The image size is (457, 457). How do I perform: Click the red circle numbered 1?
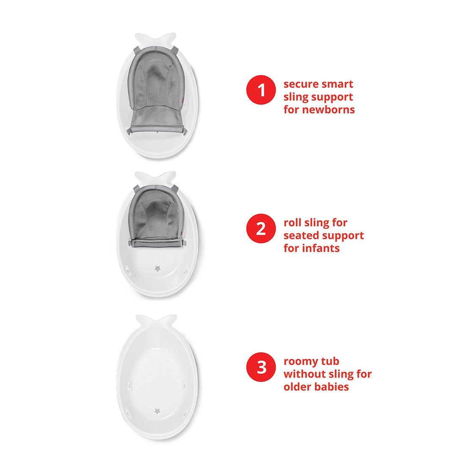pyautogui.click(x=261, y=90)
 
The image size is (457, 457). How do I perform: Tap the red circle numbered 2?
pyautogui.click(x=261, y=228)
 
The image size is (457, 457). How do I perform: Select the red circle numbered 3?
pyautogui.click(x=261, y=367)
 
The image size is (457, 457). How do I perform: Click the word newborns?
pyautogui.click(x=328, y=110)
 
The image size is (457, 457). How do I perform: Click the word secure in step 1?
pyautogui.click(x=300, y=84)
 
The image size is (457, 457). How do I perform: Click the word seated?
pyautogui.click(x=301, y=236)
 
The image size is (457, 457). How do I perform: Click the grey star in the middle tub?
pyautogui.click(x=158, y=268)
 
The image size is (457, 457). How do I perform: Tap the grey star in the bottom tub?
pyautogui.click(x=157, y=411)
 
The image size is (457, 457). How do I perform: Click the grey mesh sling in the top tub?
pyautogui.click(x=155, y=91)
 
